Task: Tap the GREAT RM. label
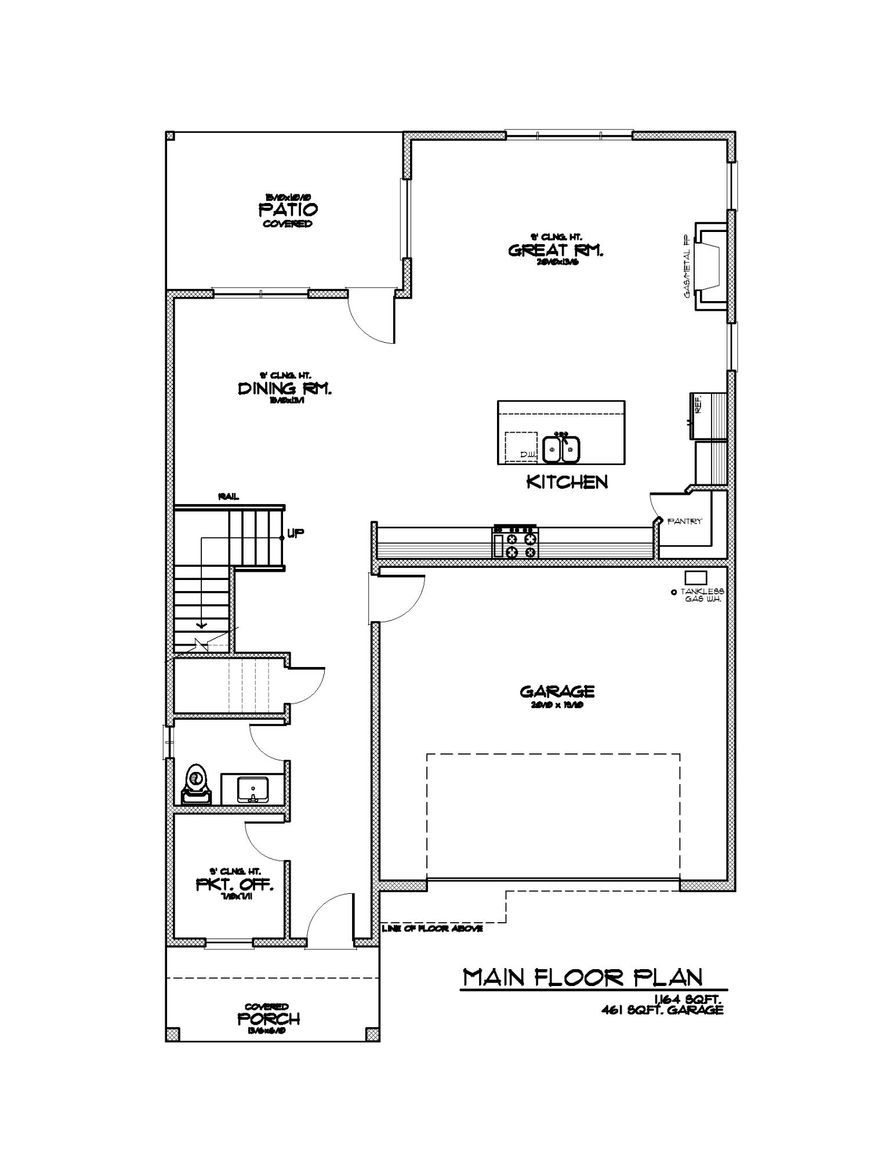[x=556, y=251]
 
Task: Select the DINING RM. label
[x=285, y=389]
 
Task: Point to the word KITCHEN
[x=567, y=482]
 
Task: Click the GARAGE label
[x=557, y=691]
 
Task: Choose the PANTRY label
[x=684, y=521]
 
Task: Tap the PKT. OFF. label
[x=234, y=885]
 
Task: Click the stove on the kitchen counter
[x=515, y=542]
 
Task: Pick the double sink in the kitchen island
[x=561, y=449]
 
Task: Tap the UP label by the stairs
[x=295, y=533]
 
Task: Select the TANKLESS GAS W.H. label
[x=702, y=595]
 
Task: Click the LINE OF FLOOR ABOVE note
[x=432, y=929]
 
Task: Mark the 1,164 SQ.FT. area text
[x=687, y=999]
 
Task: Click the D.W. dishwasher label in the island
[x=527, y=455]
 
